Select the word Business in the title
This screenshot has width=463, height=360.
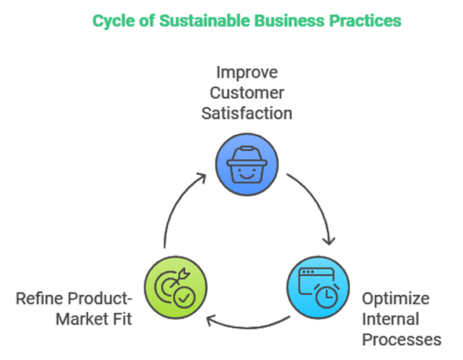pyautogui.click(x=290, y=20)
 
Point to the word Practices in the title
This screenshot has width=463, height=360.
pyautogui.click(x=365, y=20)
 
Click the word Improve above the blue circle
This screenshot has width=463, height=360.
pyautogui.click(x=247, y=73)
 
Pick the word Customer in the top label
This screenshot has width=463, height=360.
pyautogui.click(x=247, y=93)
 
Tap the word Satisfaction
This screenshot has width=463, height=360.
pyautogui.click(x=247, y=113)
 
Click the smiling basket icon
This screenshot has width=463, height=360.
pyautogui.click(x=247, y=165)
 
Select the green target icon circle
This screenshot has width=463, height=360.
pyautogui.click(x=176, y=287)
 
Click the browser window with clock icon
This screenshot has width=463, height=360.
pyautogui.click(x=319, y=287)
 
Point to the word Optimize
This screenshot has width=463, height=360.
pyautogui.click(x=396, y=299)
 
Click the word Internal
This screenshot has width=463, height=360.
pyautogui.click(x=390, y=319)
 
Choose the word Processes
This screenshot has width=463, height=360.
pyautogui.click(x=402, y=340)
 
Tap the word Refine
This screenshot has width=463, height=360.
pyautogui.click(x=40, y=298)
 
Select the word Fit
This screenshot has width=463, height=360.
pyautogui.click(x=122, y=319)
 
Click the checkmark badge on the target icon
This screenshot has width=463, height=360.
pyautogui.click(x=184, y=297)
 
